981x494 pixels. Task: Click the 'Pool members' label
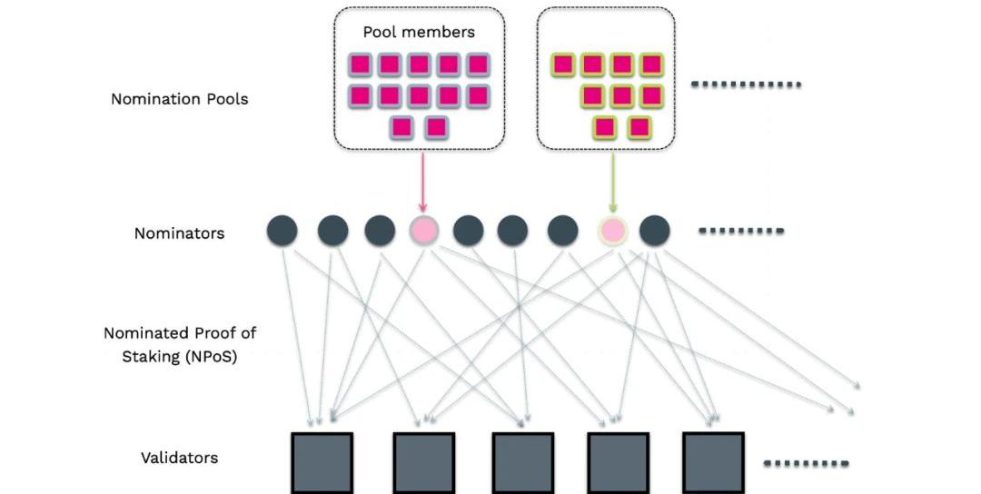pyautogui.click(x=419, y=32)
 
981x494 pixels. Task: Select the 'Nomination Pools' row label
pyautogui.click(x=179, y=99)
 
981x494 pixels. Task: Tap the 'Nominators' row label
pyautogui.click(x=179, y=233)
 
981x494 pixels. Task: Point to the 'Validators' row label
pyautogui.click(x=179, y=458)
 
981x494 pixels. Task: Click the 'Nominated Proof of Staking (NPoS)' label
pyautogui.click(x=179, y=344)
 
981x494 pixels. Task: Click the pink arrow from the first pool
pyautogui.click(x=422, y=182)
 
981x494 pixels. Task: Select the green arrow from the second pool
pyautogui.click(x=613, y=182)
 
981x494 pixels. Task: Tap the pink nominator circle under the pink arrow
pyautogui.click(x=423, y=231)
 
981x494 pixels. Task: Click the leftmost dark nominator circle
pyautogui.click(x=282, y=231)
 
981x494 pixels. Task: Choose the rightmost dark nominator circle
pyautogui.click(x=654, y=231)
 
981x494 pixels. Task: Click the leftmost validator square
pyautogui.click(x=322, y=462)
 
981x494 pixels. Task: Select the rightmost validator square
pyautogui.click(x=713, y=462)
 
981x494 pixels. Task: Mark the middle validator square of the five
pyautogui.click(x=522, y=462)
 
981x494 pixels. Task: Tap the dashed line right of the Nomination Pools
pyautogui.click(x=746, y=84)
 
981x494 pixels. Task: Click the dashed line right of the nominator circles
pyautogui.click(x=740, y=231)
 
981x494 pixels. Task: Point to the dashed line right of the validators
pyautogui.click(x=806, y=463)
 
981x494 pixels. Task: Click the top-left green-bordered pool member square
pyautogui.click(x=564, y=64)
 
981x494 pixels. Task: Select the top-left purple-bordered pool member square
pyautogui.click(x=361, y=64)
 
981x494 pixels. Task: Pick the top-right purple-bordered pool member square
pyautogui.click(x=478, y=64)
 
